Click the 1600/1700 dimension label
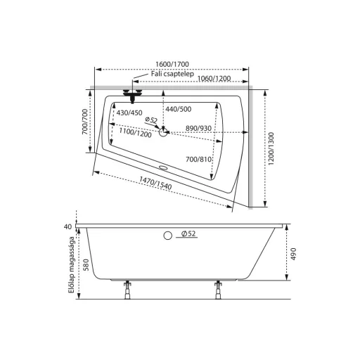click(172, 64)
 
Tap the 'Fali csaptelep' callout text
click(172, 74)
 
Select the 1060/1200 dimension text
click(214, 78)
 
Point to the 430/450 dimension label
click(129, 112)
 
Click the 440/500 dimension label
click(179, 109)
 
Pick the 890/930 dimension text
click(198, 128)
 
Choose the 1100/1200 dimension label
click(135, 133)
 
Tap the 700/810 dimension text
click(198, 160)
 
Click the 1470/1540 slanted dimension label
click(155, 183)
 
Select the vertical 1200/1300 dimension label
click(271, 149)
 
